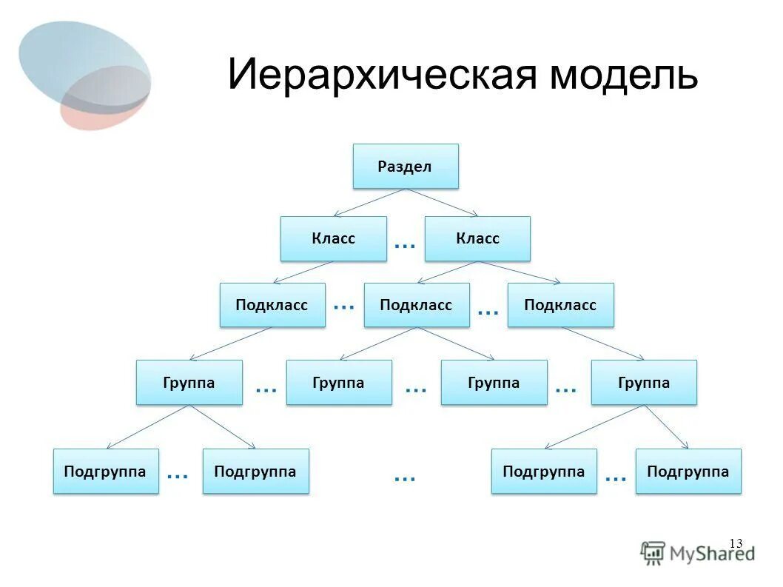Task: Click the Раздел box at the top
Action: (406, 166)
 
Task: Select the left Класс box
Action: (333, 238)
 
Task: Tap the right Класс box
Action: (477, 238)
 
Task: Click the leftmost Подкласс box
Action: (272, 305)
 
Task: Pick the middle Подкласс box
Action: (416, 305)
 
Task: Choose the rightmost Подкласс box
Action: (560, 305)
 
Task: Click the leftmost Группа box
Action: (189, 382)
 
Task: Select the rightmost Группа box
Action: (644, 382)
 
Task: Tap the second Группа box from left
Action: (339, 382)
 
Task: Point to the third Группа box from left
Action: (494, 382)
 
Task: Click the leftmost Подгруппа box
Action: (105, 471)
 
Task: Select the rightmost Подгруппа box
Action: (688, 471)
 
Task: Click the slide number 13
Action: (735, 543)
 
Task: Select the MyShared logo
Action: (697, 552)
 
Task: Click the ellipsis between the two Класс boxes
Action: (405, 244)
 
